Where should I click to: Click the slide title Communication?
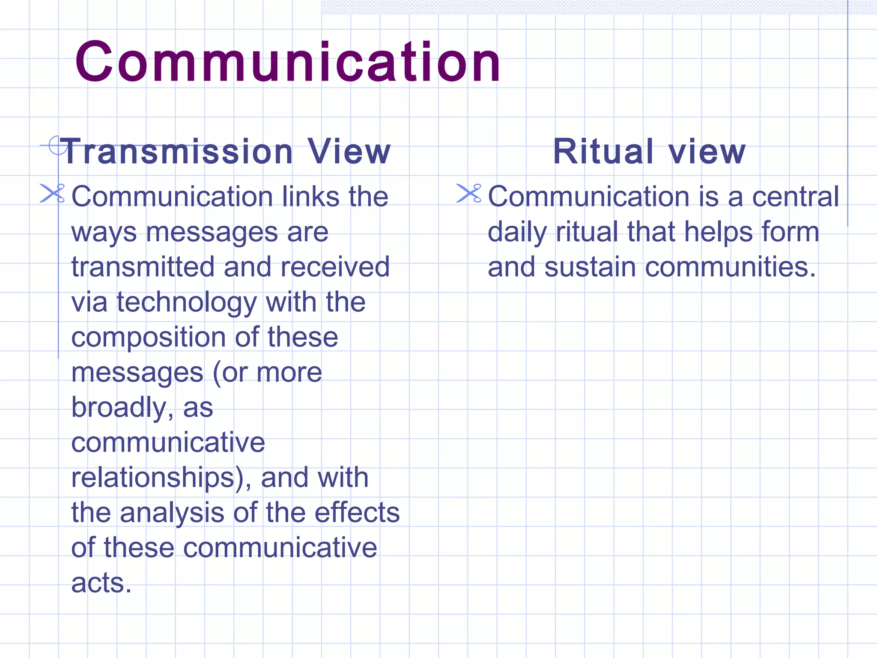(288, 62)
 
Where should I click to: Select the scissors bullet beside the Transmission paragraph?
(52, 193)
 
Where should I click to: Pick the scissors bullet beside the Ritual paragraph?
(469, 193)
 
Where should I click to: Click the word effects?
(357, 513)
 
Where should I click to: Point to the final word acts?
(101, 583)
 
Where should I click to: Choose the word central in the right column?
(796, 197)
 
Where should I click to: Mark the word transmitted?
(143, 267)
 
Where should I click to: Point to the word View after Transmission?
(349, 152)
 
